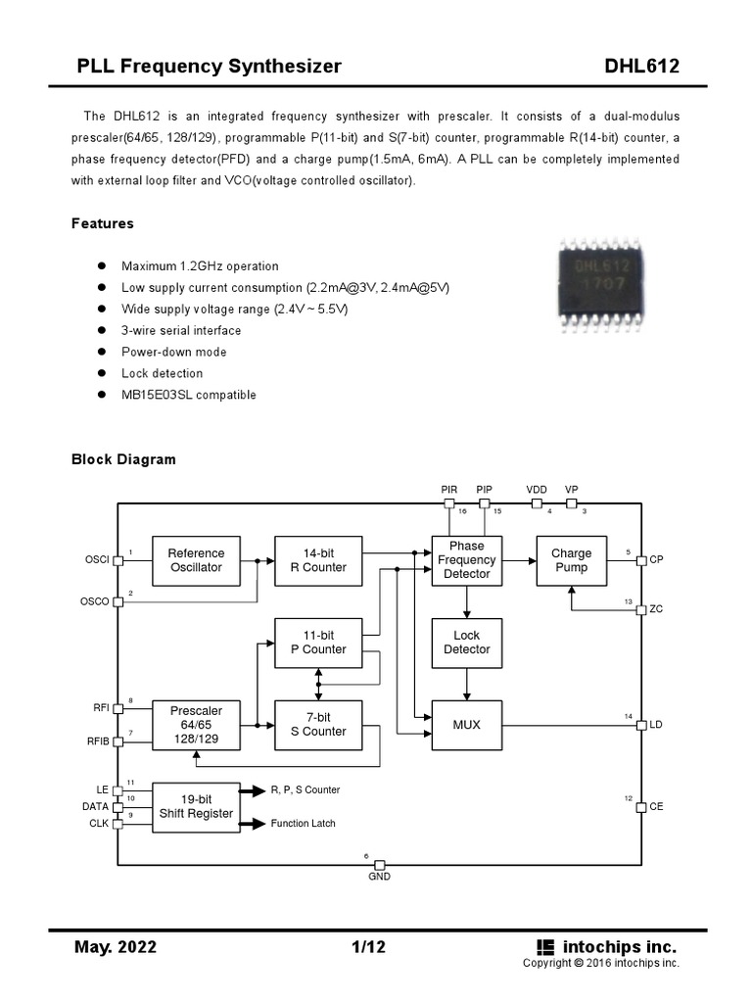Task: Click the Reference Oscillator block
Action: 196,560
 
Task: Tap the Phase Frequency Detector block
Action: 466,560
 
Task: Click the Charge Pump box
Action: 571,560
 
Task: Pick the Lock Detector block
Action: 466,643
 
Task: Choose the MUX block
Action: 466,725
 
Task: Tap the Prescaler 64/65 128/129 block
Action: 196,725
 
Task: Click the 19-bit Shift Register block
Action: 196,807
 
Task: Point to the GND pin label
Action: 379,877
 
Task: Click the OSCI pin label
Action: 97,560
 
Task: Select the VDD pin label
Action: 537,489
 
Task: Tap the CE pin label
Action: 655,807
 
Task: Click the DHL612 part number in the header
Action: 642,67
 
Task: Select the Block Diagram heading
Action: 123,459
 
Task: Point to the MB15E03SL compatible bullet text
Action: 188,395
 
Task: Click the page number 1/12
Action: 367,947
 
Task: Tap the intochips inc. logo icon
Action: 545,947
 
